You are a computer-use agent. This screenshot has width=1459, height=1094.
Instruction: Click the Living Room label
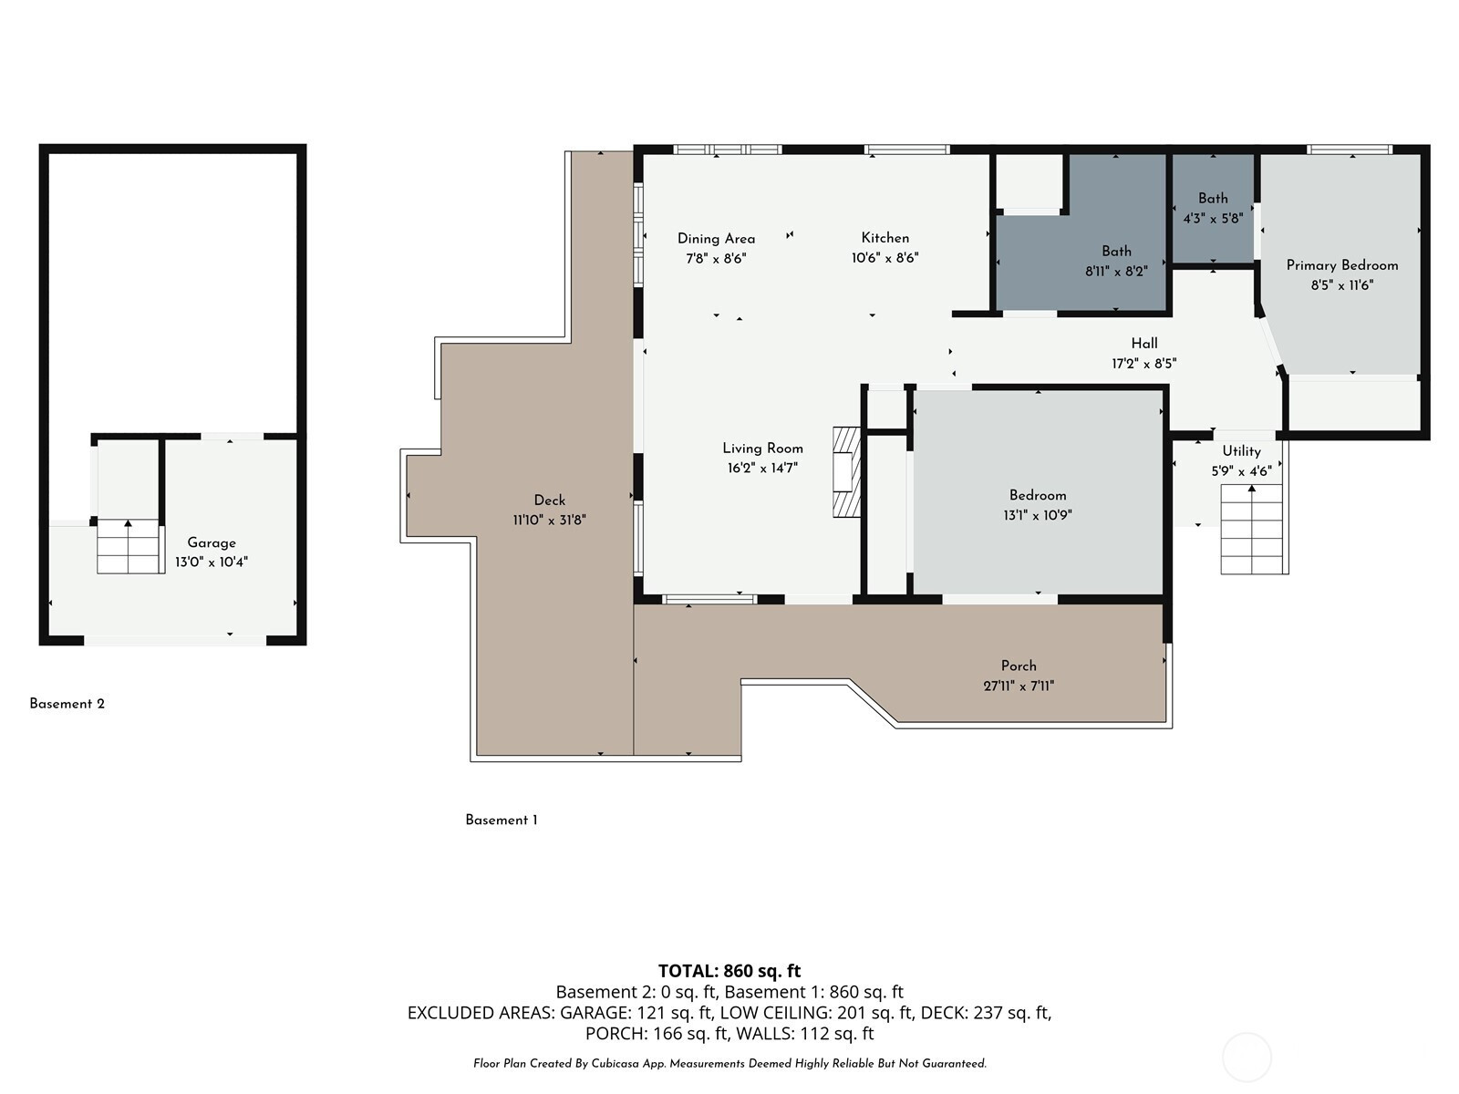[x=762, y=449]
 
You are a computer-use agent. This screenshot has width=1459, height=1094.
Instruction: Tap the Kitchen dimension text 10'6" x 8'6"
[x=885, y=258]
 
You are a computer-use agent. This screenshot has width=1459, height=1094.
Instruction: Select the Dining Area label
[x=716, y=239]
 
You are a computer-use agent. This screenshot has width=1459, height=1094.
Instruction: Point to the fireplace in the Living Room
[x=847, y=472]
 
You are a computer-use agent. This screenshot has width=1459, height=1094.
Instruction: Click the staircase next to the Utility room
[x=1252, y=530]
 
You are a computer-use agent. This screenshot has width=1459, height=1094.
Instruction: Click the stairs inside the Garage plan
[x=129, y=547]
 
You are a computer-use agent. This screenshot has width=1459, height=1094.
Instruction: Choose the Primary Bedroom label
[x=1342, y=265]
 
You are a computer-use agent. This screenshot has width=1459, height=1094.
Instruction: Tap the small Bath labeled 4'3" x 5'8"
[x=1213, y=208]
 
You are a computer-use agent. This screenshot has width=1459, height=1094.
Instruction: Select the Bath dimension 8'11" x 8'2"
[x=1116, y=272]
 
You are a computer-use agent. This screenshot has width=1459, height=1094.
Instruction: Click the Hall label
[x=1143, y=344]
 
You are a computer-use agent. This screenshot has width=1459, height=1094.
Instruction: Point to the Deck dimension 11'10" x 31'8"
[x=549, y=520]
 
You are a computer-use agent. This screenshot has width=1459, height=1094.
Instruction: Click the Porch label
[x=1019, y=666]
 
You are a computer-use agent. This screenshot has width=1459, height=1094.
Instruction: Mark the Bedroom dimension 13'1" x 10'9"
[x=1038, y=515]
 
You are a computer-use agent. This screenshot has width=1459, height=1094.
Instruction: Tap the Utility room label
[x=1242, y=451]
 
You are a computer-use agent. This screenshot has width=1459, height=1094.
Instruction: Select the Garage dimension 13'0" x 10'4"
[x=212, y=562]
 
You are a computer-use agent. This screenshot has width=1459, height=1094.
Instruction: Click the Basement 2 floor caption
[x=67, y=704]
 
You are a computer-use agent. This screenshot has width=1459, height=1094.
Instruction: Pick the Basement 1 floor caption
[x=502, y=820]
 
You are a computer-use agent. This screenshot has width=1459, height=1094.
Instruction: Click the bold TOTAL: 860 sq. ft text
[x=729, y=970]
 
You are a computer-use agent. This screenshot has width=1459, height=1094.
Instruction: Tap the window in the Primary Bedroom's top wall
[x=1349, y=150]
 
